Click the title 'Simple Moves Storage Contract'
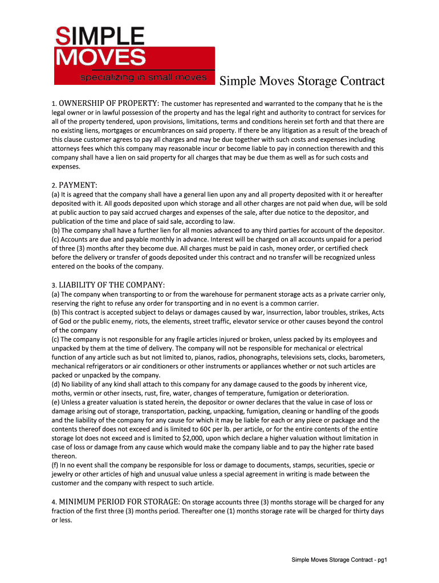[x=302, y=81]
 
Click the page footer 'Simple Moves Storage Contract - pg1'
[x=339, y=560]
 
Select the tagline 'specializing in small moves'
[x=135, y=77]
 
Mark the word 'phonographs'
[x=243, y=357]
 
